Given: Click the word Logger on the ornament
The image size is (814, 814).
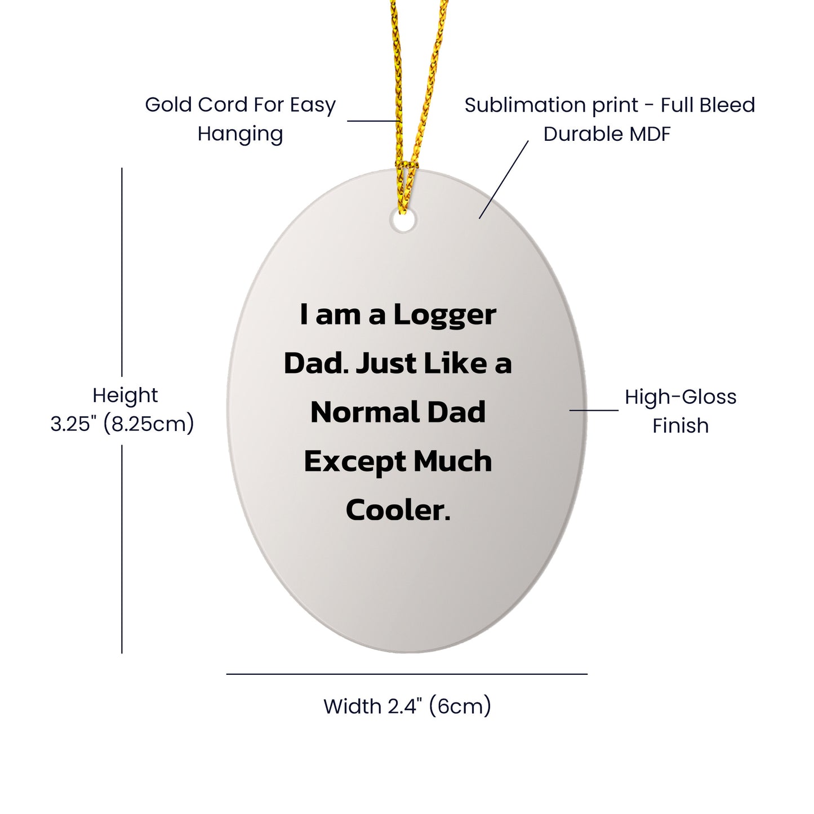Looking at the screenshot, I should point(444,315).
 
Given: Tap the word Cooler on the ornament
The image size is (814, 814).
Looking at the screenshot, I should point(398,510).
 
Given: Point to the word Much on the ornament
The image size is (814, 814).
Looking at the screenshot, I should point(453,461).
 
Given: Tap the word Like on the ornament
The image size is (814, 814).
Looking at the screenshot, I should point(455,363).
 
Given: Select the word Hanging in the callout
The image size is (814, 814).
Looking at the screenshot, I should point(240,135).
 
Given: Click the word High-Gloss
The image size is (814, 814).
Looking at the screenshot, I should point(680,397).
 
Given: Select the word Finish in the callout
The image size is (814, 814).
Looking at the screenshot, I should point(680,426).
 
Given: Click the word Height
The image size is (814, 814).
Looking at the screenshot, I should point(125,395).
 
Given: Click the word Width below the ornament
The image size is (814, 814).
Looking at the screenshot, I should point(352,706).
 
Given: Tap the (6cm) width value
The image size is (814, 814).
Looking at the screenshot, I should point(460,706).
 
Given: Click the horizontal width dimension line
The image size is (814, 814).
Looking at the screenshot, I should point(407,674).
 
